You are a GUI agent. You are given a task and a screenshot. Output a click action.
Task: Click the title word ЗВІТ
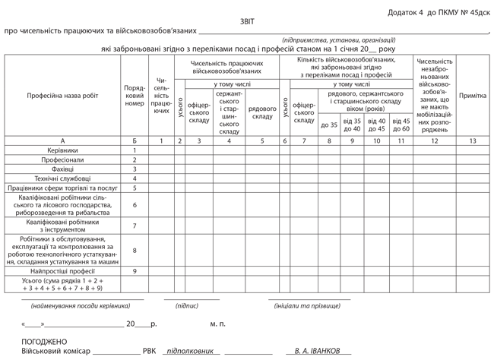pyautogui.click(x=247, y=23)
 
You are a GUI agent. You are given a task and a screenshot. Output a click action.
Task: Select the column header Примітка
pyautogui.click(x=472, y=96)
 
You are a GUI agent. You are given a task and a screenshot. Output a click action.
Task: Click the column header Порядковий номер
pyautogui.click(x=135, y=96)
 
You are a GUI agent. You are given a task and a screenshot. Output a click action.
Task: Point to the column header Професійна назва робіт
pyautogui.click(x=62, y=96)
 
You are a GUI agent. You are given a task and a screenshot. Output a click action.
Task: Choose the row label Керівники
pyautogui.click(x=62, y=150)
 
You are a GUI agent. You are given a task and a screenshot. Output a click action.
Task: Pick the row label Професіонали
pyautogui.click(x=62, y=160)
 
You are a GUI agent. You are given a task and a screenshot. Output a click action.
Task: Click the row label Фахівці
pyautogui.click(x=62, y=169)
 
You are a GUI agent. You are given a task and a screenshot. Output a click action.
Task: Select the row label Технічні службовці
pyautogui.click(x=62, y=178)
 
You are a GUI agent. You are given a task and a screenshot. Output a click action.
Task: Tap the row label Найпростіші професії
pyautogui.click(x=62, y=270)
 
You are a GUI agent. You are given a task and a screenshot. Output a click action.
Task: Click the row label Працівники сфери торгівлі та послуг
pyautogui.click(x=62, y=188)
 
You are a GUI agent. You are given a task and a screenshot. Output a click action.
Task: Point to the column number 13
pyautogui.click(x=472, y=141)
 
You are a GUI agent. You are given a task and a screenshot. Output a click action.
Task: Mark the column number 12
pyautogui.click(x=434, y=141)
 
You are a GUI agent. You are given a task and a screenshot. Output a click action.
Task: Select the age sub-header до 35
pyautogui.click(x=329, y=125)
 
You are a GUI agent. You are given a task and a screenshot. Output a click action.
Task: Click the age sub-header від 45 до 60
pyautogui.click(x=401, y=125)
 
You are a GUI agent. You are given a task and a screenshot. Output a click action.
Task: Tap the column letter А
pyautogui.click(x=62, y=141)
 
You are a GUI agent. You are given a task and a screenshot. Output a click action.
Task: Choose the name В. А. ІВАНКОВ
pyautogui.click(x=318, y=352)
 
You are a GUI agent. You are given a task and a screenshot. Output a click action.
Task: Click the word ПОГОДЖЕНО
pyautogui.click(x=44, y=342)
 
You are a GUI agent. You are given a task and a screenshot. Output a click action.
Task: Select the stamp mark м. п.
pyautogui.click(x=217, y=324)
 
